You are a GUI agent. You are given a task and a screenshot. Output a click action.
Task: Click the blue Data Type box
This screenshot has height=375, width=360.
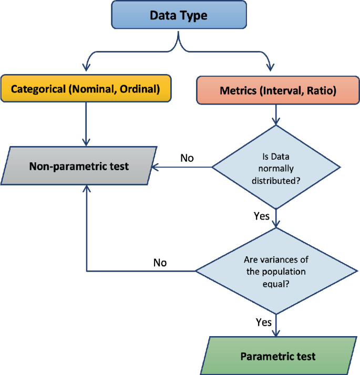[x=178, y=15]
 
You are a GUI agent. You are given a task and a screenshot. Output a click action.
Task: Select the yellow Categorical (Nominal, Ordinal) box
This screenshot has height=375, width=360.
[x=85, y=89]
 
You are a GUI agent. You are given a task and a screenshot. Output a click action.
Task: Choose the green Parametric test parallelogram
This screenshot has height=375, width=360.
[x=278, y=357]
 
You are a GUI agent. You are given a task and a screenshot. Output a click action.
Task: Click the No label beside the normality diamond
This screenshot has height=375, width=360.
[x=187, y=157]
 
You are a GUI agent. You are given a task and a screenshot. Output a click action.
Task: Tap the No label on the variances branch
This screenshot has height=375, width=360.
[x=160, y=262]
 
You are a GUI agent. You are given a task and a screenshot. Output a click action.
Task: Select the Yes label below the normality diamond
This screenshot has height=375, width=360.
[x=261, y=216]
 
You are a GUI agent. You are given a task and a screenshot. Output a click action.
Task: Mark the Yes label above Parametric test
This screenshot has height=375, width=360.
[x=263, y=321]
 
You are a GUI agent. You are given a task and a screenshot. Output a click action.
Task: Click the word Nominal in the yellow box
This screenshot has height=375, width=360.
[x=96, y=89]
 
